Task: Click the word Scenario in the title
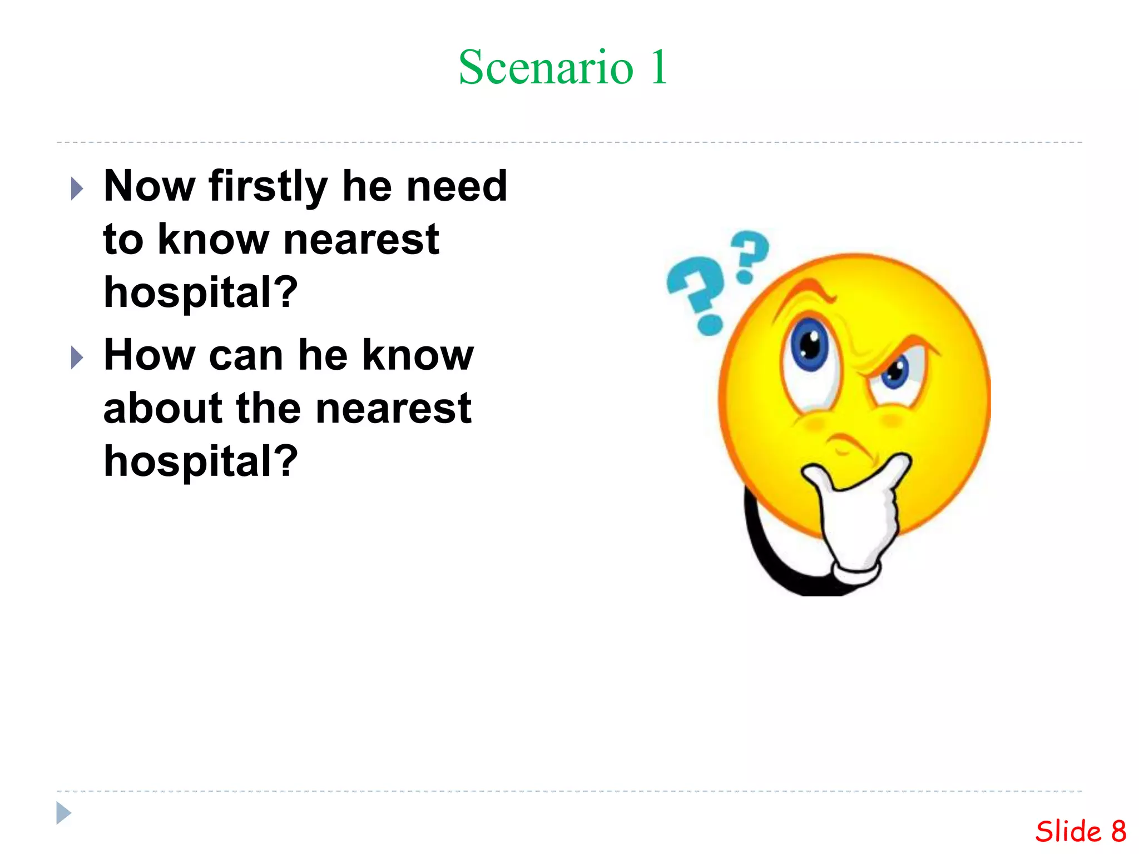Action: (x=546, y=68)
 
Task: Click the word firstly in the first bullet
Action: (x=268, y=187)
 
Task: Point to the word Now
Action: (x=150, y=186)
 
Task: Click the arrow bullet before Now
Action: (x=77, y=189)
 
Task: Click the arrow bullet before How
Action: (x=77, y=358)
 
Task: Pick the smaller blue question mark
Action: (x=750, y=254)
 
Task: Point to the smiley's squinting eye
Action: (x=895, y=373)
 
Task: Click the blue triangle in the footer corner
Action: (x=63, y=813)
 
